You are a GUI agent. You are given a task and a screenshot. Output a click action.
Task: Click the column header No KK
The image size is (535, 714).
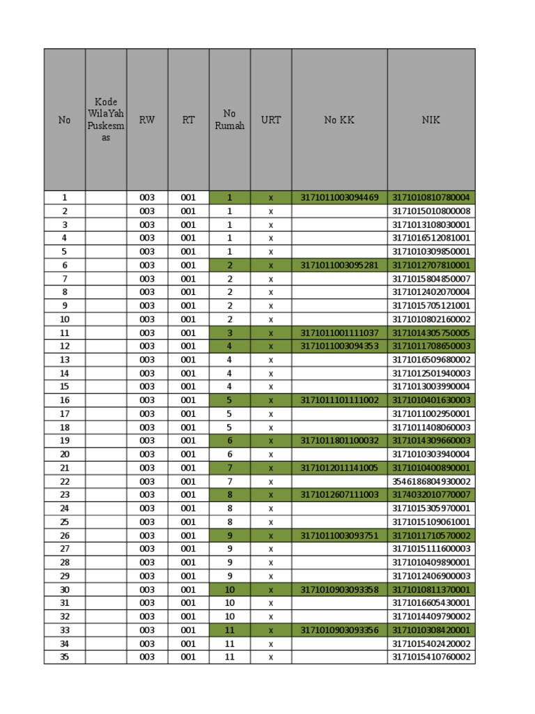pos(339,120)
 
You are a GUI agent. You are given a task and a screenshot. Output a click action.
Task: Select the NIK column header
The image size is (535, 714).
pos(431,120)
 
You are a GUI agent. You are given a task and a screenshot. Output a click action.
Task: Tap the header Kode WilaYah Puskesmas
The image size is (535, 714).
pos(106,120)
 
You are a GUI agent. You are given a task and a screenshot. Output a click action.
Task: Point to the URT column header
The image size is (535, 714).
pos(271,120)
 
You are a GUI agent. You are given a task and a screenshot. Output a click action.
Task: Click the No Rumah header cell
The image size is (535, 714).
pos(230,120)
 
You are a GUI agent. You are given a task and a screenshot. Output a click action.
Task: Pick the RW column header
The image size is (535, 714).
pos(147,120)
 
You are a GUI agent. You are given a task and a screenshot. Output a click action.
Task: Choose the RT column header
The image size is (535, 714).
pos(189,120)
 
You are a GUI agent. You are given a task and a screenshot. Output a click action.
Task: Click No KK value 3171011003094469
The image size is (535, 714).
pos(339,197)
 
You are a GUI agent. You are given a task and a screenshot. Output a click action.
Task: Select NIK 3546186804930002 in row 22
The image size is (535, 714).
pos(431,481)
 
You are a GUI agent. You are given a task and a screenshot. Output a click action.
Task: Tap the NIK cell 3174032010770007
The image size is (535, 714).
pos(431,494)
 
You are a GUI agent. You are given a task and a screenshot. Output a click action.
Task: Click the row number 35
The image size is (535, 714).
pos(65,657)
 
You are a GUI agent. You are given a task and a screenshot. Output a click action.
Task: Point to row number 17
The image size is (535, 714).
pos(65,413)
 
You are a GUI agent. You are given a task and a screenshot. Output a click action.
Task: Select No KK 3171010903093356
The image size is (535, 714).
pos(339,630)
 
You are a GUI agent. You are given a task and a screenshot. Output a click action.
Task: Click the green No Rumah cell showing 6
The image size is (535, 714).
pos(230,441)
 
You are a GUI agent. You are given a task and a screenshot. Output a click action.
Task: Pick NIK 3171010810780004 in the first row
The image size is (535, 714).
pos(431,197)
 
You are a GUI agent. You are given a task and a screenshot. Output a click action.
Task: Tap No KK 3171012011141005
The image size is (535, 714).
pos(339,468)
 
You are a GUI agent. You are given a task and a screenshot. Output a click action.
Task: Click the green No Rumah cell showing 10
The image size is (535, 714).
pos(230,589)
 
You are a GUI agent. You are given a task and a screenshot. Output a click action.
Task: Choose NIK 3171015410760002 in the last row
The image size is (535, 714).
pos(431,657)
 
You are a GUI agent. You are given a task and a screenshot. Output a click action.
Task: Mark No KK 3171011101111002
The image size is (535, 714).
pos(339,400)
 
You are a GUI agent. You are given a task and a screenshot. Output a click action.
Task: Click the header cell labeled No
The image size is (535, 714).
pos(65,120)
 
